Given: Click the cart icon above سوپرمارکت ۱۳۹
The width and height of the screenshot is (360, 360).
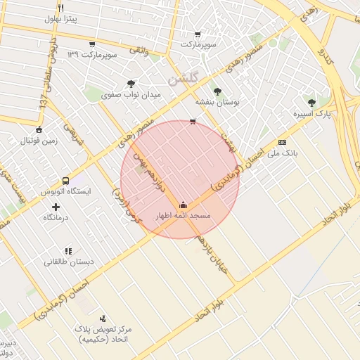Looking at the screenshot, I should [92, 44].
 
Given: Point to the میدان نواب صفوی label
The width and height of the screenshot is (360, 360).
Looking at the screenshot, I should [131, 94].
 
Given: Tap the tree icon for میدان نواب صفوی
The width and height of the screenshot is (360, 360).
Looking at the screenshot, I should [131, 84].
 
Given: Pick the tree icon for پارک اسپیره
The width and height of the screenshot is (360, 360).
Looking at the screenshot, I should [311, 103].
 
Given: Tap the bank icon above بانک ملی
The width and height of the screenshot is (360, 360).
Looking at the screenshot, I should [282, 141].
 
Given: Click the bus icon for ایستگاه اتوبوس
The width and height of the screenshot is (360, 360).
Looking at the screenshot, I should [65, 181].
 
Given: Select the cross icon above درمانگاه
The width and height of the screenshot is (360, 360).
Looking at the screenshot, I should [56, 207].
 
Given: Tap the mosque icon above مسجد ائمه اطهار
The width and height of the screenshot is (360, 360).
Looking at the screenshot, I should [184, 205].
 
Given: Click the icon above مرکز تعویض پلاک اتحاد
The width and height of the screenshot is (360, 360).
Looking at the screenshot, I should [103, 319].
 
